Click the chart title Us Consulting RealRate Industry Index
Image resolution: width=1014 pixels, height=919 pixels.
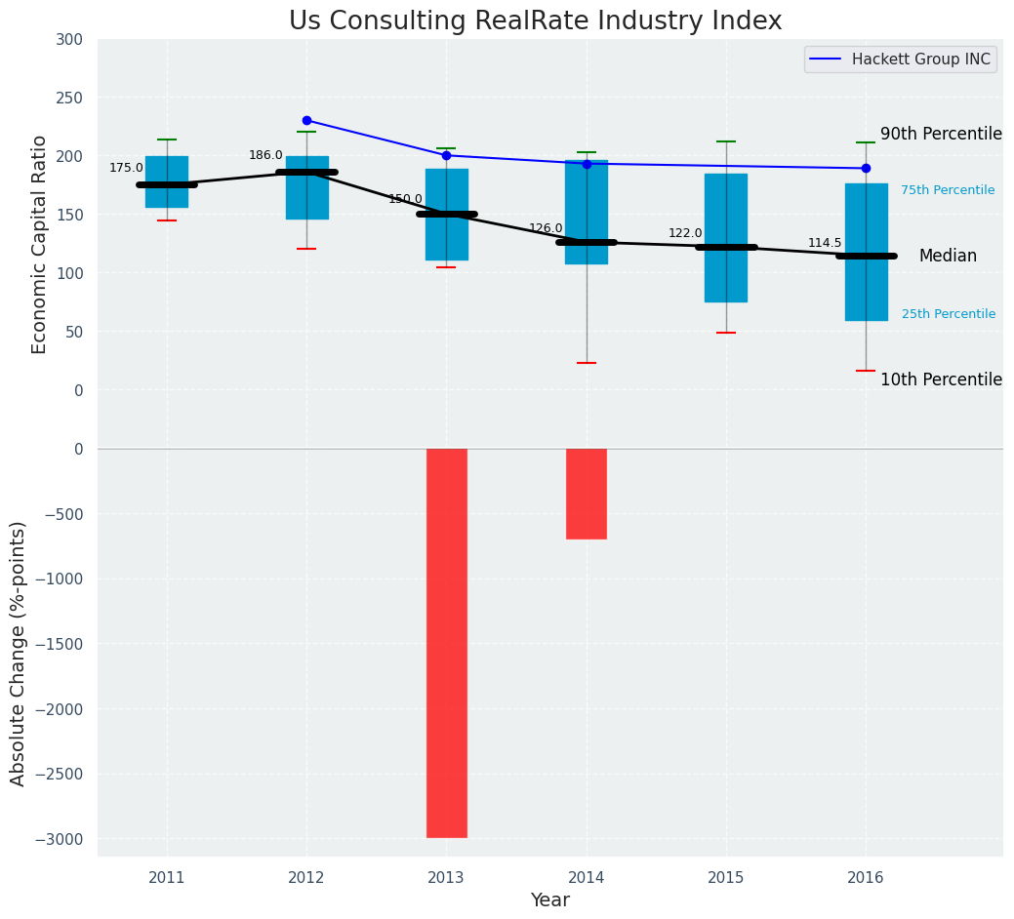click(535, 21)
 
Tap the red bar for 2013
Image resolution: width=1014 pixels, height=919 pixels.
click(447, 643)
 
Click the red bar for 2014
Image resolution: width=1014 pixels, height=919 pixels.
click(587, 494)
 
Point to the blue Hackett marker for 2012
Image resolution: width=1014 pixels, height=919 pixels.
click(306, 120)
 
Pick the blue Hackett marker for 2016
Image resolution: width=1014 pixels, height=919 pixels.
click(866, 168)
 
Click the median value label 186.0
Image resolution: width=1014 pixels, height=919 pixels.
click(265, 155)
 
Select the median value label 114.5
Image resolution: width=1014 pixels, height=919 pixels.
click(825, 243)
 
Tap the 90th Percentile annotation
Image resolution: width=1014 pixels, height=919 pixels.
click(941, 134)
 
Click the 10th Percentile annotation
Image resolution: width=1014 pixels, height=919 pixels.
click(941, 380)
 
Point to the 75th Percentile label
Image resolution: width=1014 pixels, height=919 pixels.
click(948, 190)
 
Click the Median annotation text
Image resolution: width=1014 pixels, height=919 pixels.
click(948, 256)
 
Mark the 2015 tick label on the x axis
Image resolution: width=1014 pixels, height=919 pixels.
click(726, 878)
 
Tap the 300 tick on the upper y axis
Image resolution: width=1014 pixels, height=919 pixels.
click(70, 39)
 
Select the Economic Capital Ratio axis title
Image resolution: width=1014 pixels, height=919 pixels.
click(40, 244)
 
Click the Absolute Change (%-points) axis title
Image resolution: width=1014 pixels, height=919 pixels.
click(19, 653)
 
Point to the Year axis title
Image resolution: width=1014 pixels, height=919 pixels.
click(550, 900)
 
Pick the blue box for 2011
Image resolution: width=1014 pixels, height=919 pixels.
click(167, 181)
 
